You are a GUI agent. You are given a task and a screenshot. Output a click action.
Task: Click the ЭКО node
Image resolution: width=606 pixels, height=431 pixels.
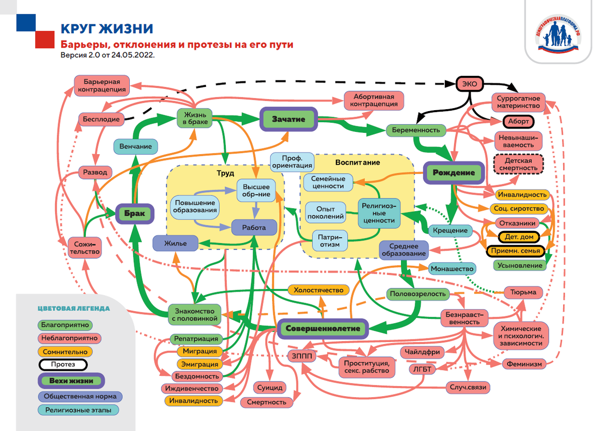coord(470,84)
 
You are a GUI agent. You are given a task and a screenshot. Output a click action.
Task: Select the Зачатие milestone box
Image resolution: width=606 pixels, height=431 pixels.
coord(288,119)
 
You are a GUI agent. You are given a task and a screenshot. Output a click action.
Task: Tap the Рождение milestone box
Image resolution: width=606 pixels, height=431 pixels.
coord(453,173)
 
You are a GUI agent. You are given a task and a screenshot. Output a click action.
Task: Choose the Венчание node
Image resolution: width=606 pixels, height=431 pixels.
coord(135,147)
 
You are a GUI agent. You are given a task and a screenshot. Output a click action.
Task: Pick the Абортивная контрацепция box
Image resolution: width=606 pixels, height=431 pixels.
coord(375,100)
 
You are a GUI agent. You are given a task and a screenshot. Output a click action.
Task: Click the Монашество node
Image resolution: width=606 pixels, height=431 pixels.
coord(451,269)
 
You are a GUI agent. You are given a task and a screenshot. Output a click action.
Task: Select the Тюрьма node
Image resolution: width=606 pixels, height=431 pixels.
coord(523,292)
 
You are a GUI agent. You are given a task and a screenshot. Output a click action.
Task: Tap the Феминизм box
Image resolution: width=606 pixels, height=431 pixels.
coord(525,363)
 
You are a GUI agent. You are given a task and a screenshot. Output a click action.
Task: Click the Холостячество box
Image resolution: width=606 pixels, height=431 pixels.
coord(318,290)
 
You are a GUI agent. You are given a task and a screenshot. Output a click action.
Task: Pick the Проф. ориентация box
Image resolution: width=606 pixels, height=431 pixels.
coord(292,161)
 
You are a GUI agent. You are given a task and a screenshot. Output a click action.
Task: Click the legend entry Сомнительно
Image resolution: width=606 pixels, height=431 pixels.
coord(65,352)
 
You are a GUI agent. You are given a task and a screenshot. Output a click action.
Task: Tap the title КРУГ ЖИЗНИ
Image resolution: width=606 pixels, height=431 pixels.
coord(107,28)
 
